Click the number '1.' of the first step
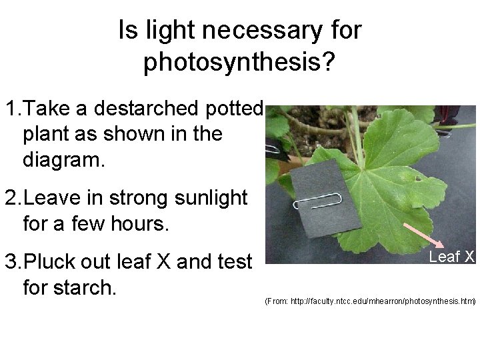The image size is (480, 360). tap(15, 108)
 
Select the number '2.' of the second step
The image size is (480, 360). tap(15, 198)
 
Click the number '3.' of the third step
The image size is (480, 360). tap(15, 262)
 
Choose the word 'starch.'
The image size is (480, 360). tap(84, 288)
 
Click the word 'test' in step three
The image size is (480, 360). tap(234, 262)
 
